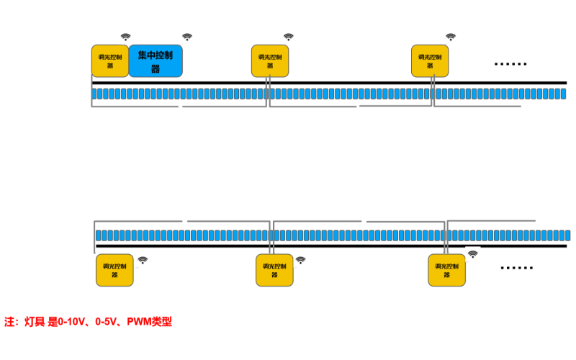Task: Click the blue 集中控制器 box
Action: pos(155,60)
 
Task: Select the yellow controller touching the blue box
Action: pos(110,60)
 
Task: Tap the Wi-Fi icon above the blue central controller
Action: pos(187,37)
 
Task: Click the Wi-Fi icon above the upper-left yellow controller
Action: pos(125,37)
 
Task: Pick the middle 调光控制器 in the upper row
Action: pos(269,60)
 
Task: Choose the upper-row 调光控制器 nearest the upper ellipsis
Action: pos(430,60)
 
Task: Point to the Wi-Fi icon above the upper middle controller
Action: pos(289,37)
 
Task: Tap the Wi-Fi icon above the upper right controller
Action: pos(451,37)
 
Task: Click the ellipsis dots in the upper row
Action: pos(510,64)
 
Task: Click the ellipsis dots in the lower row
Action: pos(517,268)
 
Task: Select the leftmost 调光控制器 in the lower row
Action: pos(114,270)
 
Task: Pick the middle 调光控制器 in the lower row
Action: pos(274,270)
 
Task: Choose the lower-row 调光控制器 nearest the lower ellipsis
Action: pos(446,270)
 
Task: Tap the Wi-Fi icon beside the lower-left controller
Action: pos(143,260)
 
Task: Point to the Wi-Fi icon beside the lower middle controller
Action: pos(300,260)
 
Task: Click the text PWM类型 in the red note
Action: pos(150,322)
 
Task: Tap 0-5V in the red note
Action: pos(107,322)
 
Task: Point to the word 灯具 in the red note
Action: pos(35,322)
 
